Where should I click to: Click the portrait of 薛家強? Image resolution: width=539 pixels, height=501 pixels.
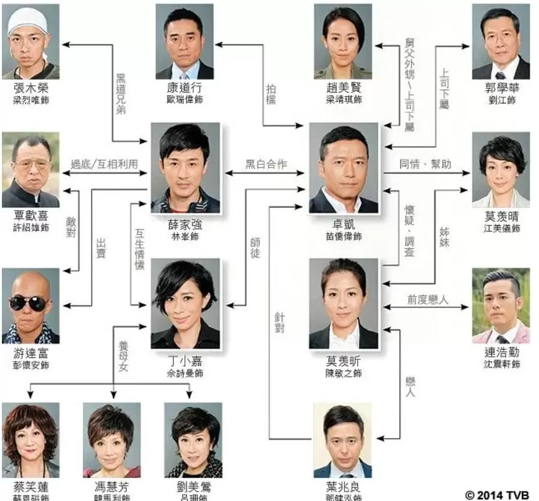(185, 167)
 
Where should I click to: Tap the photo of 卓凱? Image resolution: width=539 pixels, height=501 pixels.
(343, 167)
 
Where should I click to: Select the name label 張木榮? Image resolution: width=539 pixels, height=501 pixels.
(30, 88)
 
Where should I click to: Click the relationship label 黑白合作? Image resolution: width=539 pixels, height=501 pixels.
(265, 164)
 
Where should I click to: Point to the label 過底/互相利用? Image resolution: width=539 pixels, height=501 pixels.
(104, 164)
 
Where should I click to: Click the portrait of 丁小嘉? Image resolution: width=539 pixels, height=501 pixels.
(185, 304)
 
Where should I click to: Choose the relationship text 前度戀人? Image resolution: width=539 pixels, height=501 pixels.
(427, 300)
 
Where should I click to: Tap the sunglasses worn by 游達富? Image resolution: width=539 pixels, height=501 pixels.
(28, 303)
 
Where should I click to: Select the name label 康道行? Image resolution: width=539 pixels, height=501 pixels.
(184, 88)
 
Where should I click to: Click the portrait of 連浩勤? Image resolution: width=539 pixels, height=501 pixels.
(500, 305)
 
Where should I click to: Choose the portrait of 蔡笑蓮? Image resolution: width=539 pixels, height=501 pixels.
(30, 441)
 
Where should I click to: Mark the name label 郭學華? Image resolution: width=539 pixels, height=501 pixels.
(500, 88)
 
